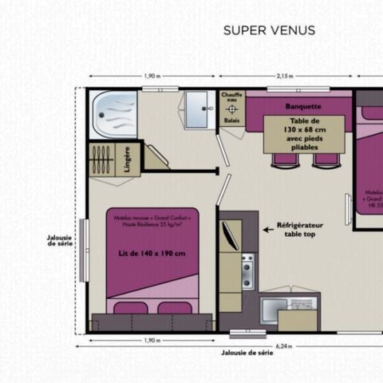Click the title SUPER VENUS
(269, 31)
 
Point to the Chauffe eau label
(232, 97)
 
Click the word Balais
(232, 120)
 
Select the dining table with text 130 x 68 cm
(303, 132)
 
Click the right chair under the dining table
(324, 160)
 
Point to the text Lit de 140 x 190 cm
(151, 254)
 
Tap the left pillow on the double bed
(129, 307)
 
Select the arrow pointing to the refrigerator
(268, 229)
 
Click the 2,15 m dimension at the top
(284, 76)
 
